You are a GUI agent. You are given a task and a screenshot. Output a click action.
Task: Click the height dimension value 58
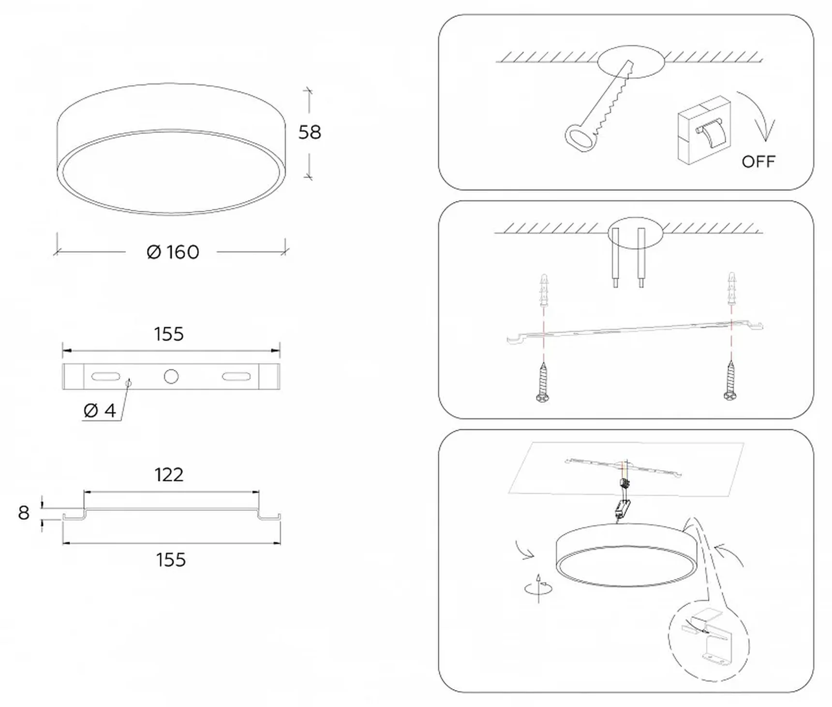click(x=310, y=132)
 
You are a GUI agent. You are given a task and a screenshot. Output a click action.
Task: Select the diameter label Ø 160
click(x=173, y=252)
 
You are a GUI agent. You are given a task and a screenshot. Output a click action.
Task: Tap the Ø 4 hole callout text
click(x=100, y=411)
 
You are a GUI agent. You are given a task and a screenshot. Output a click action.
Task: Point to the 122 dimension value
click(x=169, y=475)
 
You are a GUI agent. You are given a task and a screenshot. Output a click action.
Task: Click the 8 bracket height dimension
click(x=24, y=513)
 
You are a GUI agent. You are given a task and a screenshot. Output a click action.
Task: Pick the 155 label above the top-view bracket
click(x=169, y=334)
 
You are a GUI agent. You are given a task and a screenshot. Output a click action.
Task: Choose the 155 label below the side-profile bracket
click(x=171, y=560)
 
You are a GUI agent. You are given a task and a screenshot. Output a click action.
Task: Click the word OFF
click(x=758, y=162)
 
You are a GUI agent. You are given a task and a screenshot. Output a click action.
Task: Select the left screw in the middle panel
click(x=543, y=383)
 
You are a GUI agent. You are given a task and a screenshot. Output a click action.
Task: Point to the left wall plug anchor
click(x=544, y=291)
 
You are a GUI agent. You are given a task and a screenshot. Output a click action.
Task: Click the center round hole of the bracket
click(x=171, y=376)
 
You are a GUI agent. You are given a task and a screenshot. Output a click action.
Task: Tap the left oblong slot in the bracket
click(x=105, y=376)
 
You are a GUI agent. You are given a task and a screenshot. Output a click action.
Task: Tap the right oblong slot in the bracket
click(x=236, y=376)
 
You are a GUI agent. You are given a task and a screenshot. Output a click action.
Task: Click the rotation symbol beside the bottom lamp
click(x=538, y=588)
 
